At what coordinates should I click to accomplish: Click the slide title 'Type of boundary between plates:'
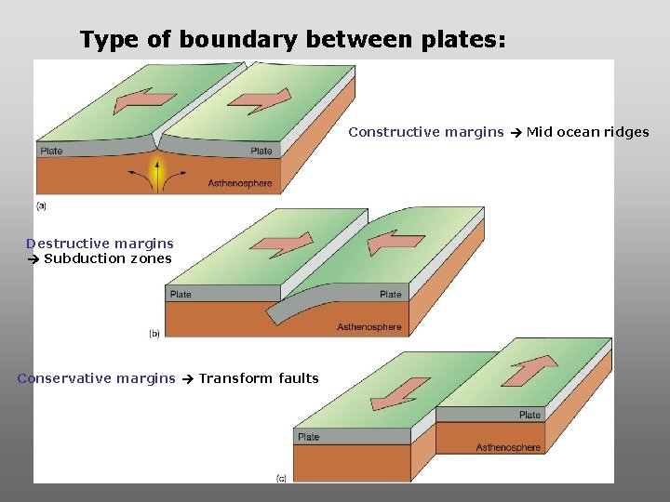pos(293,40)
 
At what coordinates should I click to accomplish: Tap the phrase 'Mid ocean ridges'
pos(588,132)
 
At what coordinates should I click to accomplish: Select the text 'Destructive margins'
pos(100,244)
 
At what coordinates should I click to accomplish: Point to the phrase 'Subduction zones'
pos(108,258)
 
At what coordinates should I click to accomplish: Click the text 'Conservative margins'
pos(96,378)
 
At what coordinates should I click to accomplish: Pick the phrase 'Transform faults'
pos(259,378)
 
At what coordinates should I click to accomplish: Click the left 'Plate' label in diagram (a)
pos(51,151)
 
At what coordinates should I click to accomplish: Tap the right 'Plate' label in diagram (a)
pos(261,151)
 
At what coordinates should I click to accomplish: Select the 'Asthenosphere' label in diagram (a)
pos(240,183)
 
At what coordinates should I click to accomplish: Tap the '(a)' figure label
pos(42,205)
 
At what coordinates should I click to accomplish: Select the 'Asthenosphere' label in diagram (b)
pos(369,326)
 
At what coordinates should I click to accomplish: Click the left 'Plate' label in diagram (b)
pos(181,294)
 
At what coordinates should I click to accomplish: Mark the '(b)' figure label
pos(154,333)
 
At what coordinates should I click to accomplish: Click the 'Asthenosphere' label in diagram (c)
pos(508,447)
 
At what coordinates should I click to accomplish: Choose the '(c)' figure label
pos(281,478)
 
